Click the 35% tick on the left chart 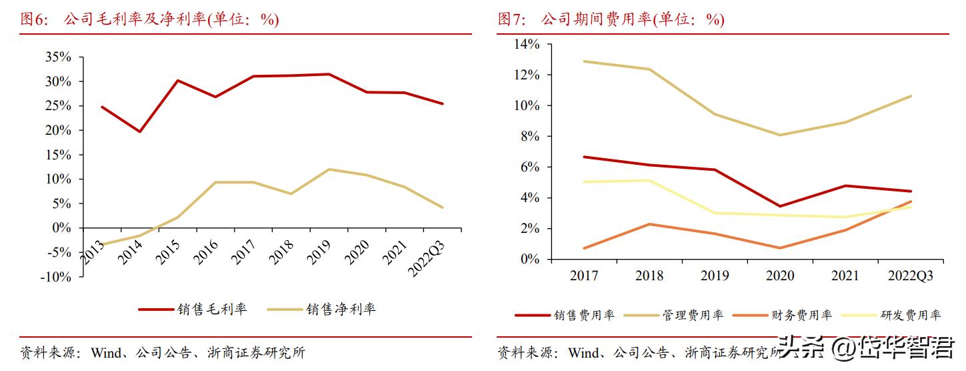[x=58, y=57]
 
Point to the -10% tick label [x=55, y=277]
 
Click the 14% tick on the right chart [x=526, y=44]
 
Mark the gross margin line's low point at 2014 [x=139, y=131]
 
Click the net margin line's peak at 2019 [x=329, y=169]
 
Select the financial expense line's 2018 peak [x=649, y=224]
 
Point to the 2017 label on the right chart [x=584, y=276]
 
